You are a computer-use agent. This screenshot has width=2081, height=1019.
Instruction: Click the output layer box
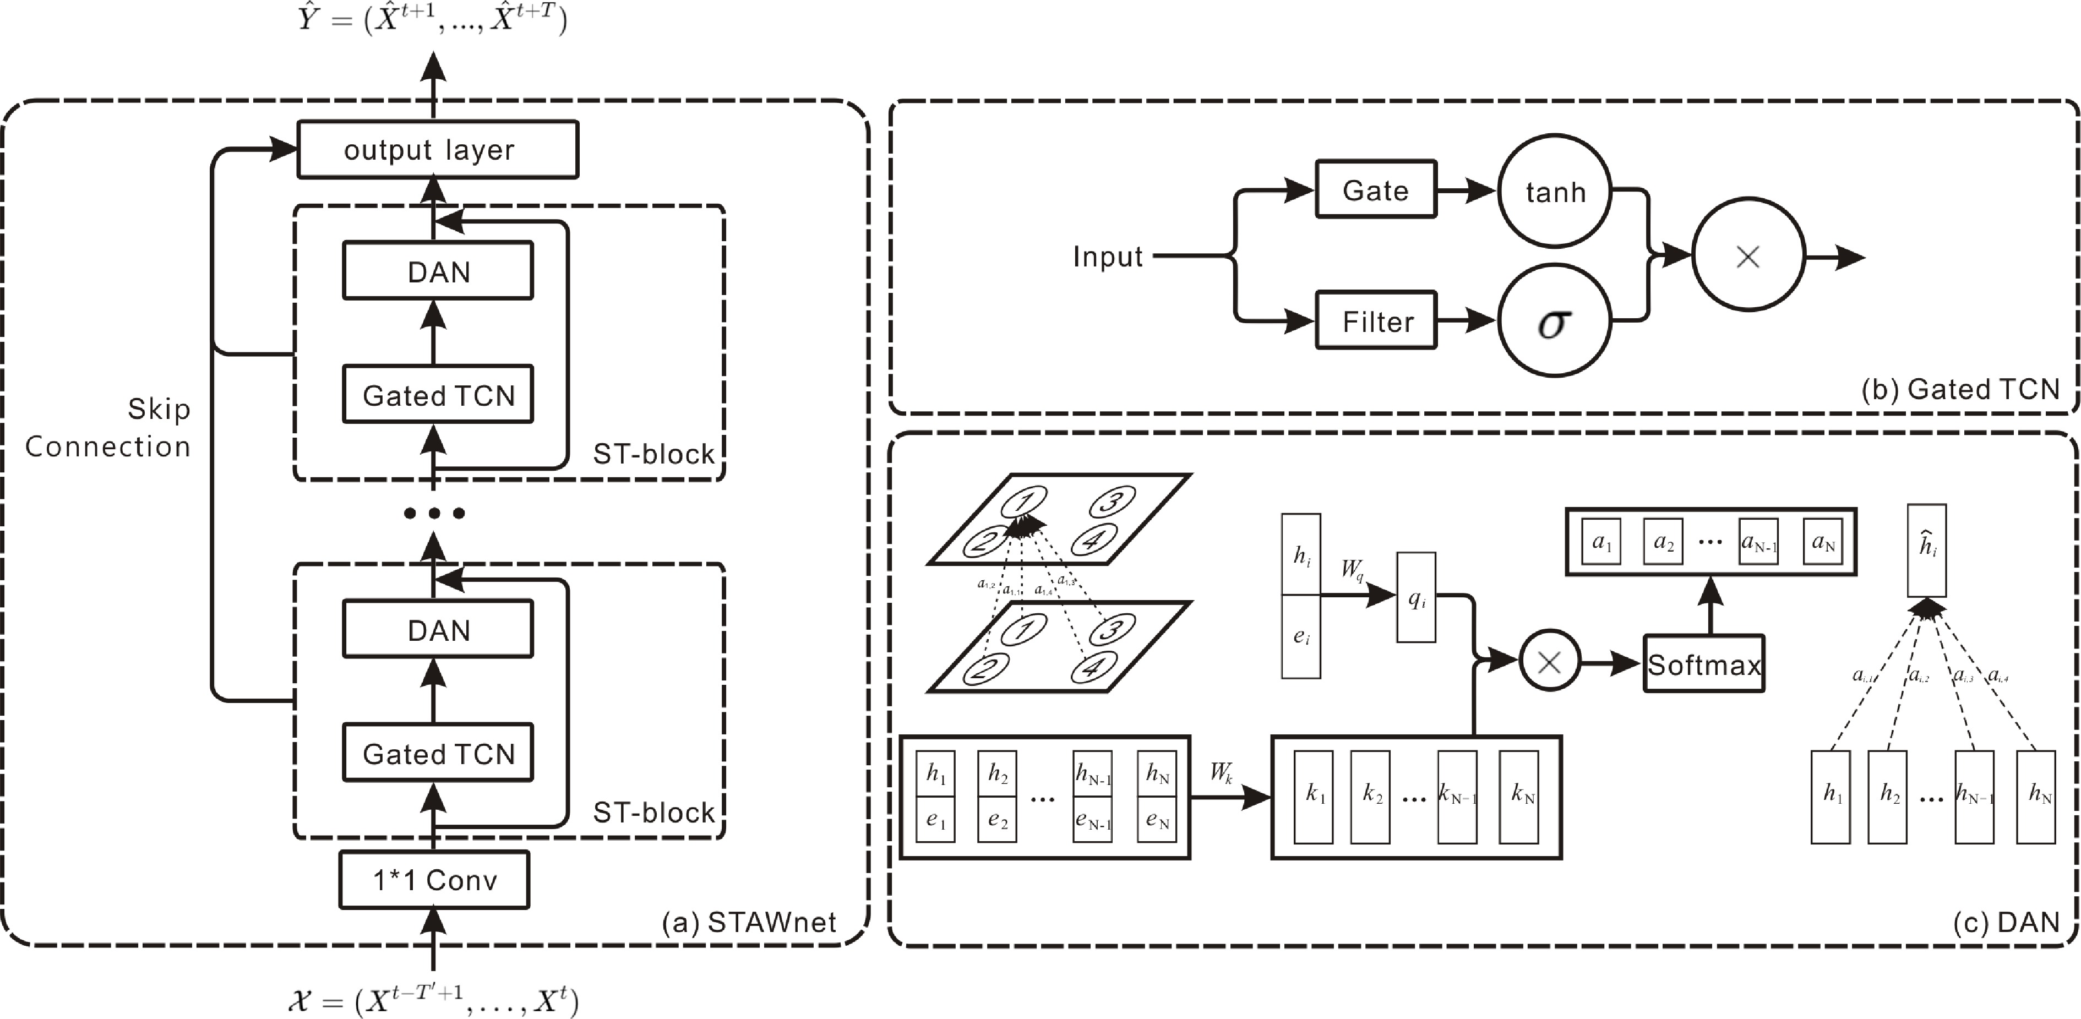(437, 150)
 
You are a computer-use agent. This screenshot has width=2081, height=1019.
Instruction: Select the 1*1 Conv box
(434, 880)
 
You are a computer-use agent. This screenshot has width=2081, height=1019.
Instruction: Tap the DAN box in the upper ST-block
(438, 271)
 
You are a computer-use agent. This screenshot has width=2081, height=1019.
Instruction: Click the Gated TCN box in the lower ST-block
(438, 753)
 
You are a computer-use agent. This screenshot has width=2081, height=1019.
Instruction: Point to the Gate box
(1376, 190)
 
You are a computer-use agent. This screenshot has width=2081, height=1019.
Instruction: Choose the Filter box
(1376, 321)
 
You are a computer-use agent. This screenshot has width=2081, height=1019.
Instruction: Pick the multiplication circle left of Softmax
(1549, 663)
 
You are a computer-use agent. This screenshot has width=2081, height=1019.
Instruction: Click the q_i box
(1416, 598)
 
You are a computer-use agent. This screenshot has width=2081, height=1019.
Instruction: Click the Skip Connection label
(108, 428)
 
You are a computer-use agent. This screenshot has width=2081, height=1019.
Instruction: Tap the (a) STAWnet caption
(749, 922)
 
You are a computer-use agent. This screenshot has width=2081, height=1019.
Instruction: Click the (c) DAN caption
(2005, 922)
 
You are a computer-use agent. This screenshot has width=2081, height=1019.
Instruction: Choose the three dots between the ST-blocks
(434, 513)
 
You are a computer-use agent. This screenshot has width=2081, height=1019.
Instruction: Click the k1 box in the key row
(1314, 797)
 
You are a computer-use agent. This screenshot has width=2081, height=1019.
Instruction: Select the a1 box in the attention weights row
(1601, 541)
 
